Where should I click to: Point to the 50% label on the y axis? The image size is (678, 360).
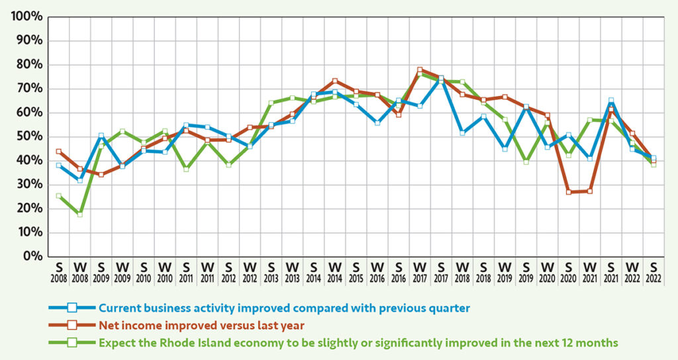tap(28, 136)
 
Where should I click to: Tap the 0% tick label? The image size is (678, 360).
tap(32, 256)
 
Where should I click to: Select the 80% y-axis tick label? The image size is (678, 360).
tap(28, 65)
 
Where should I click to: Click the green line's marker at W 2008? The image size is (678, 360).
tap(80, 214)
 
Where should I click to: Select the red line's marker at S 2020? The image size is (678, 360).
tap(568, 192)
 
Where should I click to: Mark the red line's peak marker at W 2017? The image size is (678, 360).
tap(420, 69)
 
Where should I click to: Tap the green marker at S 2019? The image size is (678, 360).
tap(526, 161)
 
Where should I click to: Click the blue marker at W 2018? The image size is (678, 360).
tap(462, 133)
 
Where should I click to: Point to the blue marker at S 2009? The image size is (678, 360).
tap(101, 136)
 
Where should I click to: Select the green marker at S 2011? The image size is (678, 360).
tap(186, 169)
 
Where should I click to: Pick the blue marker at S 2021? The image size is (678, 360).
tap(610, 101)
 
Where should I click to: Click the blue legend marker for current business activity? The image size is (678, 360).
tap(72, 308)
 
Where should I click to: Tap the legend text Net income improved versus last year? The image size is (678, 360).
tap(192, 325)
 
